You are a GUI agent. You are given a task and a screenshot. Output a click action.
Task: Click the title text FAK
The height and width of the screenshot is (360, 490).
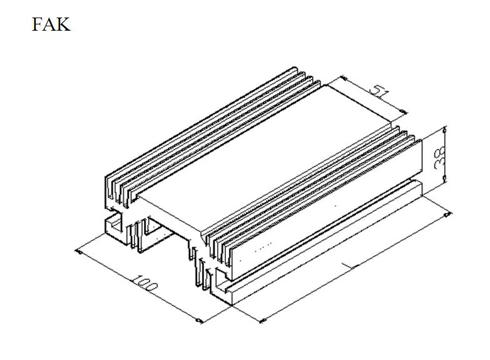pos(51,24)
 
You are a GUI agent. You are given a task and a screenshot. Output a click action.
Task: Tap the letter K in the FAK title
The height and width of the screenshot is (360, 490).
pos(63,24)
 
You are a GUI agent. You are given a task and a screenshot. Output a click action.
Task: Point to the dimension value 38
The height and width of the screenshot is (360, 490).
pos(440,157)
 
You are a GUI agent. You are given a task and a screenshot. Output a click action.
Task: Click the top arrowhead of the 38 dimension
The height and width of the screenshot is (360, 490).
pos(445,130)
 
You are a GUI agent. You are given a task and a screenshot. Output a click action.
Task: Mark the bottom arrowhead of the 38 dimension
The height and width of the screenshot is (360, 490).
pos(445,179)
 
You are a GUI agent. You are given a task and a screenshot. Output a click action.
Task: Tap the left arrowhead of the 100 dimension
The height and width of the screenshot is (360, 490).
pos(79,252)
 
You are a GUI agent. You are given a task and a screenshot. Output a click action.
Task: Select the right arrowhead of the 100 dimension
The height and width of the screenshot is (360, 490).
pos(198,321)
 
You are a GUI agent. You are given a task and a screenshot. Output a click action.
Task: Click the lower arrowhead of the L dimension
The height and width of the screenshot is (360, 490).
pos(263,320)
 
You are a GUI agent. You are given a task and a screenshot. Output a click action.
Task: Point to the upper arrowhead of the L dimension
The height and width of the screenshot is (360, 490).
pos(447,215)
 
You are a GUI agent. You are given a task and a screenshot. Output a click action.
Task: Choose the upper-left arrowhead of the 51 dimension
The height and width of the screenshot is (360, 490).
pos(343,78)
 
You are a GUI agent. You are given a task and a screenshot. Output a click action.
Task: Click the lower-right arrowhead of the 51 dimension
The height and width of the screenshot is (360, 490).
pos(403,111)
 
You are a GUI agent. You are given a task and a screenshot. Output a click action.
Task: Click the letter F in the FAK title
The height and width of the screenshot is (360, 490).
pos(38,24)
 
